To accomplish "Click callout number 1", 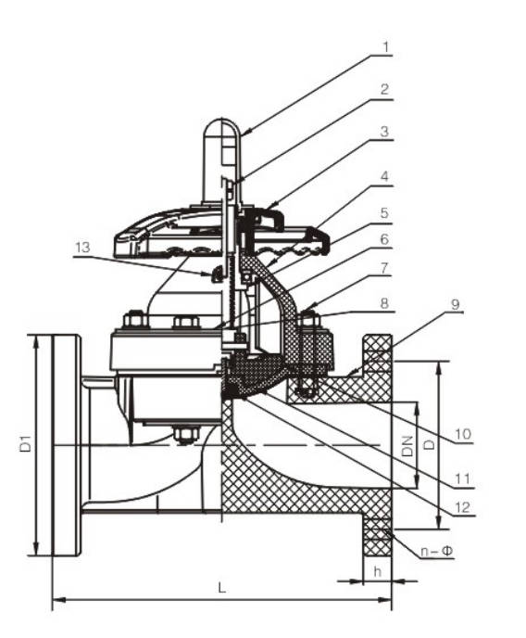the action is pos(385,47).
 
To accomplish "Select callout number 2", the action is pos(384,90).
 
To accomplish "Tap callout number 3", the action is pos(384,132).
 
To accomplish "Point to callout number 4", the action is pos(384,176).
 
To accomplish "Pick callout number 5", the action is pos(384,213).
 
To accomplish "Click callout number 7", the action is pos(384,268).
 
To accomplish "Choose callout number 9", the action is pos(456,304).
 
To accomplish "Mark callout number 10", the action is pos(463,434).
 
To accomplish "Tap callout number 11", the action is pos(462,478).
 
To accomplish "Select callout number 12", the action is pos(463,507).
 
